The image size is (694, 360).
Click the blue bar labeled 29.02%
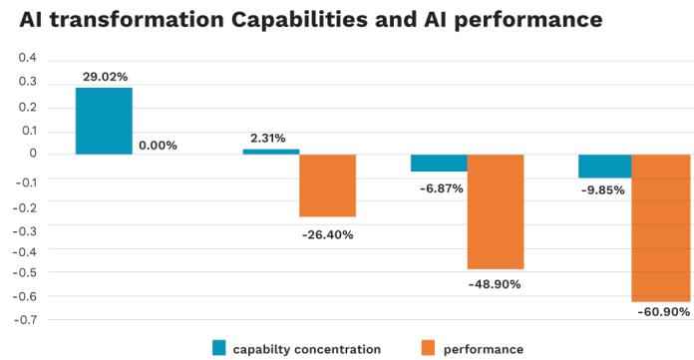[x=104, y=121]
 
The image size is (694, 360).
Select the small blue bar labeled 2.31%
[x=271, y=152]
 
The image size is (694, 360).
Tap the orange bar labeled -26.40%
[x=327, y=185]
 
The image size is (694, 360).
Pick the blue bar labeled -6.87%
[x=439, y=163]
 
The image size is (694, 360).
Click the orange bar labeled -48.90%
[x=496, y=211]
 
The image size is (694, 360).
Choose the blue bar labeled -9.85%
[x=605, y=166]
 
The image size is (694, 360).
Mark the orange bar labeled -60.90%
[x=660, y=227]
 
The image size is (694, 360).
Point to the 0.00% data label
[x=158, y=146]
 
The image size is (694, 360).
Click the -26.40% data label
[x=327, y=235]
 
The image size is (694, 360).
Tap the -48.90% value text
[x=495, y=284]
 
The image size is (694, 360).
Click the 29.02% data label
[x=104, y=76]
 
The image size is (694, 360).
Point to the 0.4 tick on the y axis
[x=27, y=58]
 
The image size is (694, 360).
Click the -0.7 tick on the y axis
[x=25, y=320]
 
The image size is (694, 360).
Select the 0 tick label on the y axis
[x=33, y=154]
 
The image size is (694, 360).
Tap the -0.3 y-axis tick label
[x=25, y=225]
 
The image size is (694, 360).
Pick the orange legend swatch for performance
[x=429, y=348]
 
